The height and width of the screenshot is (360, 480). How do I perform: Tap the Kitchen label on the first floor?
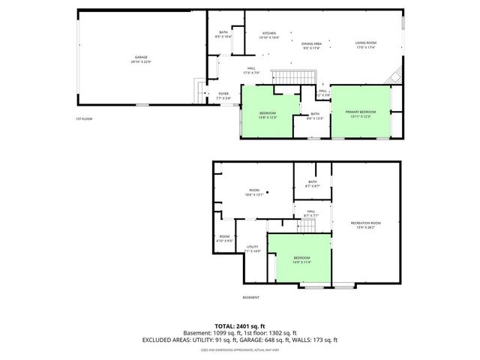point(269,35)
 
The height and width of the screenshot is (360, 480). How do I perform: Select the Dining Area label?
point(312,46)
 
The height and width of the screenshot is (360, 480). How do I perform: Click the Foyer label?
point(223,95)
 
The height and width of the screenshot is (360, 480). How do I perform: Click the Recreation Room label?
point(366,224)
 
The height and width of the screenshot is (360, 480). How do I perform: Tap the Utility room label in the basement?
point(253,248)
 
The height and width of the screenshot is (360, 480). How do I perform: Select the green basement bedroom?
point(301,259)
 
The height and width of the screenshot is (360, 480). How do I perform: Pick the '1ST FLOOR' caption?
point(83,119)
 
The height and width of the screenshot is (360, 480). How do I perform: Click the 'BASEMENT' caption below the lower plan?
point(251,298)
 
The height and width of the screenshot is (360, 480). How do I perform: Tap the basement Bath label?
point(312,182)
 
